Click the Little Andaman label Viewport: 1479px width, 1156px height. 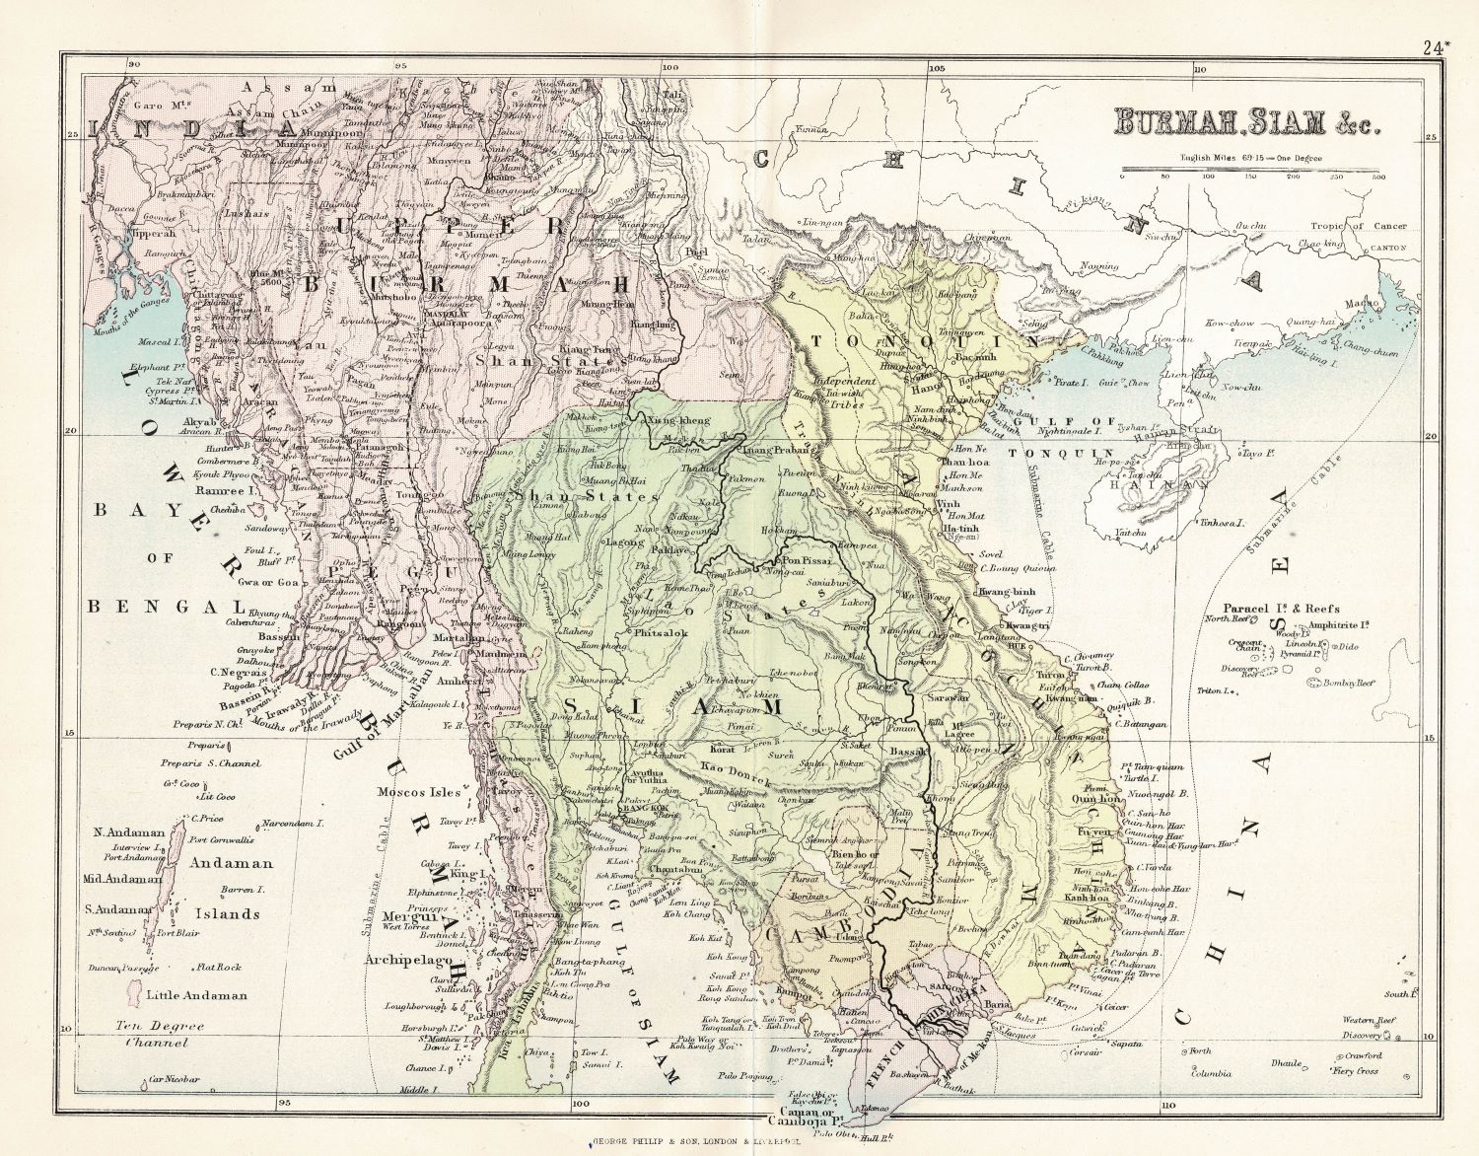coord(196,995)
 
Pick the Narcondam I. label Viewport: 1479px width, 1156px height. coord(294,823)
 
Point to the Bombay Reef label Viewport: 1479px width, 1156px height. coord(1349,683)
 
